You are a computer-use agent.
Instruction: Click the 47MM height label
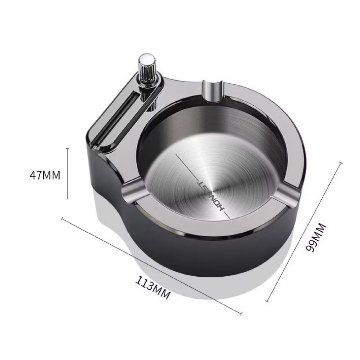click(45, 175)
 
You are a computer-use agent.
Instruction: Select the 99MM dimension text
click(316, 238)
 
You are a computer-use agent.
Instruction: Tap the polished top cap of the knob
click(146, 58)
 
